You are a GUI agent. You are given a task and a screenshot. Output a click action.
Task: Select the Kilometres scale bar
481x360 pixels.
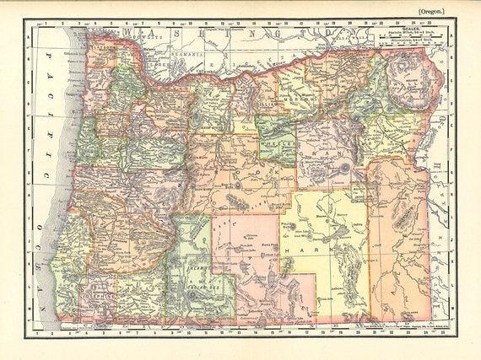(408, 44)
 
